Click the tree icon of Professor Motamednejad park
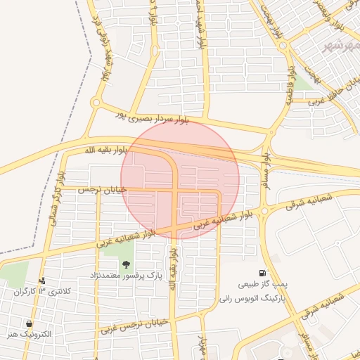coord(126,265)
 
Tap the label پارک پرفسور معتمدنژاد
coord(127,276)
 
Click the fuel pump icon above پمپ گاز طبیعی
coord(262,273)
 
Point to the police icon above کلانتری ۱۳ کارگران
coord(43,281)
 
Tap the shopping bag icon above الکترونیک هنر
coord(29,323)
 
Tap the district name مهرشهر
coord(338,46)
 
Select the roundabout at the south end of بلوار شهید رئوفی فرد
coord(95,103)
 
